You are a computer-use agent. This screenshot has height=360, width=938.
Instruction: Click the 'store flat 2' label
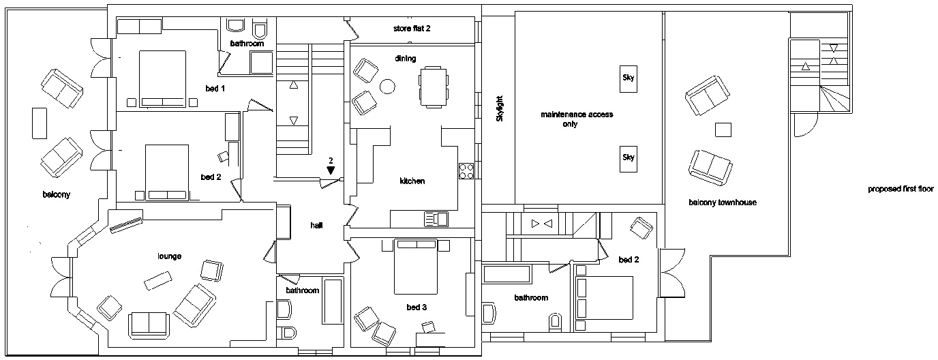412,29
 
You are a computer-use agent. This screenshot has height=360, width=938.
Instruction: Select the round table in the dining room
388,87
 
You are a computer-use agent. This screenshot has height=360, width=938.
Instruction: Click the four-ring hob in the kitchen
466,170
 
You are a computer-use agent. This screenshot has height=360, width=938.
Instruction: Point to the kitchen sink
436,219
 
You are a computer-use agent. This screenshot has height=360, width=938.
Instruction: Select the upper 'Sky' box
628,78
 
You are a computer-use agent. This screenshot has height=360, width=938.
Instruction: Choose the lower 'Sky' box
628,158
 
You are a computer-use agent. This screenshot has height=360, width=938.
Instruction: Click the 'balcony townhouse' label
722,202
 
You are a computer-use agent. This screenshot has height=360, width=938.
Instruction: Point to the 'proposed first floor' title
900,190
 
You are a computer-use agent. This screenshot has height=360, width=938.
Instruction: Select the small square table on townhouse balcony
723,129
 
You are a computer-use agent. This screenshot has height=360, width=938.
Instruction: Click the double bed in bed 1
162,78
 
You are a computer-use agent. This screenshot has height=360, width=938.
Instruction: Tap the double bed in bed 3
415,266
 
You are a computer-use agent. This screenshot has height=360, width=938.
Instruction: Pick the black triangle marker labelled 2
331,170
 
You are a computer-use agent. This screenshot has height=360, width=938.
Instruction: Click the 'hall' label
316,226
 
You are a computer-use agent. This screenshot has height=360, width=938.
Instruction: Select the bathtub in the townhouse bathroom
506,275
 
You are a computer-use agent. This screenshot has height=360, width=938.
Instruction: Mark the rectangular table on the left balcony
39,123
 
